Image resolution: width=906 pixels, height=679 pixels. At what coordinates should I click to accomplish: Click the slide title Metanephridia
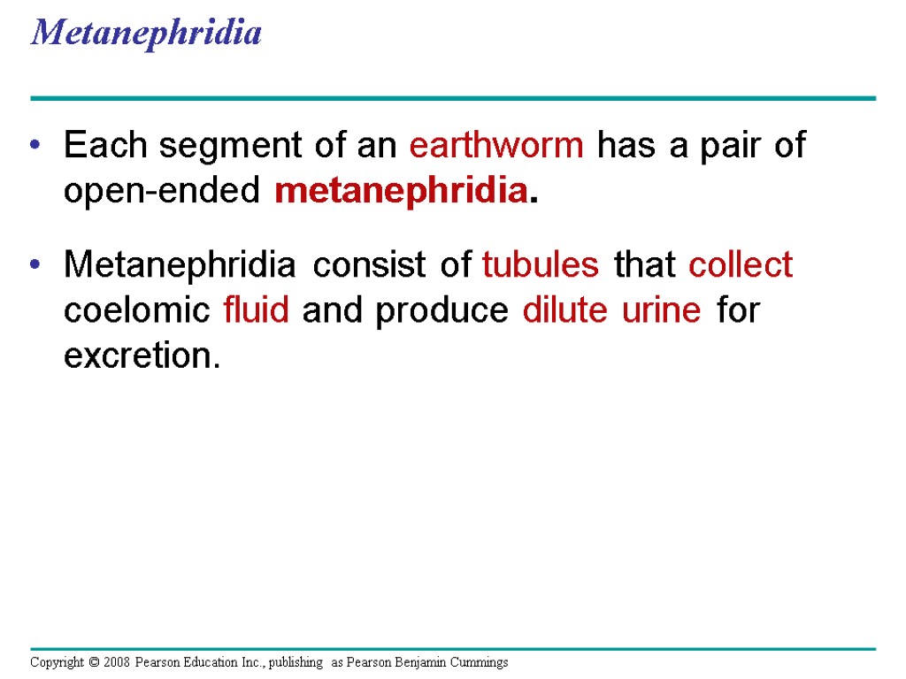click(146, 33)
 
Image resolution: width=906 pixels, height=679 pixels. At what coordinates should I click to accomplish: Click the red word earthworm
click(496, 145)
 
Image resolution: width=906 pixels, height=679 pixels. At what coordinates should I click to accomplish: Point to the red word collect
click(741, 264)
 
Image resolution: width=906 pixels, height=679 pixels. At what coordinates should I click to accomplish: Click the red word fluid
click(257, 310)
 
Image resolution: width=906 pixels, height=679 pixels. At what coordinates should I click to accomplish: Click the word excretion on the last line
click(139, 356)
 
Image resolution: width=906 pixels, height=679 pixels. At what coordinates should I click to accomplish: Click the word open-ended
click(162, 190)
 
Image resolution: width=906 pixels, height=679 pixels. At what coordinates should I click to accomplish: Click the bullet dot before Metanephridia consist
click(35, 264)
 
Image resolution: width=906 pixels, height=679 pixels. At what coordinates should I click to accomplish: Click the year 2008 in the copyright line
click(117, 662)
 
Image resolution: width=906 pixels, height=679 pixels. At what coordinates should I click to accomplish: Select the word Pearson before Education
click(158, 662)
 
